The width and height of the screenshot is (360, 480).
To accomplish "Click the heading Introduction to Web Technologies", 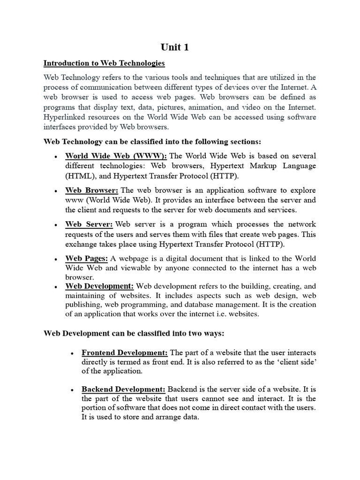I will pos(104,63).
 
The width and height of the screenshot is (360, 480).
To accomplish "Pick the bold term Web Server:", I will pos(89,224).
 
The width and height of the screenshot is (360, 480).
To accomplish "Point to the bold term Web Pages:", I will pos(87,258).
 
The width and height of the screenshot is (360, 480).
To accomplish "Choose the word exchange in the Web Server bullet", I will pos(82,244).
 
